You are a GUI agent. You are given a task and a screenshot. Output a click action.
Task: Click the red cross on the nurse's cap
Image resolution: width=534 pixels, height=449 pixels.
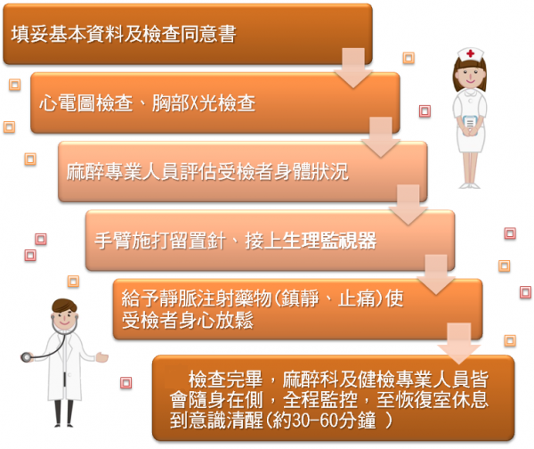coord(470,53)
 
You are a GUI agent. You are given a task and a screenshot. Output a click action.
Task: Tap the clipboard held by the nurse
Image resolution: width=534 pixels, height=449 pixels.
coord(470,123)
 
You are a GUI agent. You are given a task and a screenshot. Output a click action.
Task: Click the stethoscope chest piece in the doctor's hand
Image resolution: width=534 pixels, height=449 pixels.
coord(26,357)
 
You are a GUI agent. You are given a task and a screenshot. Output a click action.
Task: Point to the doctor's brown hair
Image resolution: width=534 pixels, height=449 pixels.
coord(64,306)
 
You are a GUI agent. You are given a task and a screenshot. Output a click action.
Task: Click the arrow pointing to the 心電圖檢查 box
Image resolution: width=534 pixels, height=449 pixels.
coord(353,69)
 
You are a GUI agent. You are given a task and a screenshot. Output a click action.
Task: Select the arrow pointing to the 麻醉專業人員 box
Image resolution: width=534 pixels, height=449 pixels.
coord(381,137)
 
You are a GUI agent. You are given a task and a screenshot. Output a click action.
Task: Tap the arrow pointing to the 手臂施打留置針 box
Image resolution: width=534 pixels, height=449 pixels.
coord(408,205)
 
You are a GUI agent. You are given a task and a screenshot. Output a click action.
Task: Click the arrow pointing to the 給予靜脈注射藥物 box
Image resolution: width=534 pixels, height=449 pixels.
coord(436,274)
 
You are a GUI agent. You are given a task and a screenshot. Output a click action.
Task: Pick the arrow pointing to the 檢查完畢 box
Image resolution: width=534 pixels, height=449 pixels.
coord(458,344)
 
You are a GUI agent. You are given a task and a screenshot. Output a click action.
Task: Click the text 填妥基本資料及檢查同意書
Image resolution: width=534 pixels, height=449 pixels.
coord(124,34)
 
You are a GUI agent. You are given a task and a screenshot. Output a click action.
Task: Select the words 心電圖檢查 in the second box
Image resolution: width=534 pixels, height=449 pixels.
coord(85,102)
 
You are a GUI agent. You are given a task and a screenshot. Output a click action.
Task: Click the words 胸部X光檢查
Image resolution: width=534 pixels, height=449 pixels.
coord(204,102)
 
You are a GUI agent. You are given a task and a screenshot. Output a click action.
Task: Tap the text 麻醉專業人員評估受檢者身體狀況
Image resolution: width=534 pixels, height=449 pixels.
coord(207,171)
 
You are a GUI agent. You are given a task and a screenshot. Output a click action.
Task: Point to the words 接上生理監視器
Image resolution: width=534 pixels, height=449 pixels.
coord(311,241)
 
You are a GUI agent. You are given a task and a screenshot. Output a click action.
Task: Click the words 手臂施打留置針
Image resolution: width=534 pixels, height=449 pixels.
coord(160,241)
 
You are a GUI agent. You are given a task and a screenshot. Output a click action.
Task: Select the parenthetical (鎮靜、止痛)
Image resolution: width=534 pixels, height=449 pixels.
coord(328,298)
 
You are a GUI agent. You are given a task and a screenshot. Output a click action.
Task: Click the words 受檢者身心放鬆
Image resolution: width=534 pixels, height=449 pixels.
coord(188,321)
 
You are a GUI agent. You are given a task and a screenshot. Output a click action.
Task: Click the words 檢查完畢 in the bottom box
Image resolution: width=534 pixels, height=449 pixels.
coord(225,380)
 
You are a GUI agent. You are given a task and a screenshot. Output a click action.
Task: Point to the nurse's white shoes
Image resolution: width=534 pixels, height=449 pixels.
coord(469,185)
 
